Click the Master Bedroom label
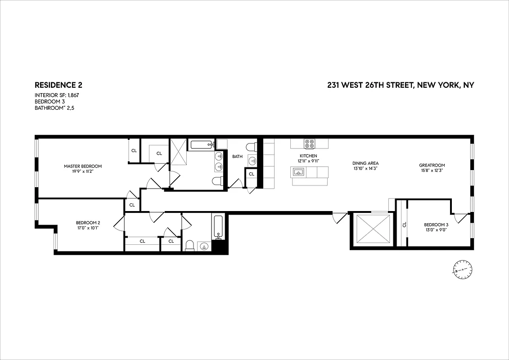tap(83, 166)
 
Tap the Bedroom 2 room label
tap(88, 223)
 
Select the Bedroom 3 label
tap(436, 225)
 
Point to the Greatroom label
tap(432, 165)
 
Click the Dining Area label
tap(365, 163)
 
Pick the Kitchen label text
tap(309, 156)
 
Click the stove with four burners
tap(309, 144)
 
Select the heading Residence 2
tap(59, 85)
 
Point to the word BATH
tap(237, 157)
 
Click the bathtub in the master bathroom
tap(201, 144)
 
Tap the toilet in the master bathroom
tap(217, 181)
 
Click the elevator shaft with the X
tap(372, 229)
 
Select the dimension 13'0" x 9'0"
tap(436, 230)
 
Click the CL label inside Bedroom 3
tap(404, 225)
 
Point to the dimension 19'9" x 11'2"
tap(83, 171)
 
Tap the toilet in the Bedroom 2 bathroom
tap(189, 246)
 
